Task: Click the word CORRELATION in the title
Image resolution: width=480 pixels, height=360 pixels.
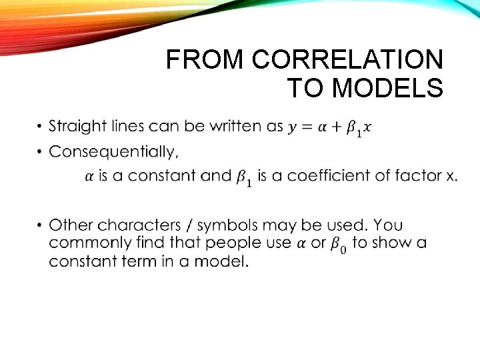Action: [347, 60]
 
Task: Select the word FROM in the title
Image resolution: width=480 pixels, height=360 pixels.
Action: [206, 60]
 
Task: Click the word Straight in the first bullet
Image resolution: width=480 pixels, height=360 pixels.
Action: [78, 126]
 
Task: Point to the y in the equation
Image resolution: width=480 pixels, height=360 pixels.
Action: [293, 127]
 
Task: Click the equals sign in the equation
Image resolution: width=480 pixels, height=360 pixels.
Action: [306, 127]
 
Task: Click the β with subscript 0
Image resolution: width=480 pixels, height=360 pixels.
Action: [338, 244]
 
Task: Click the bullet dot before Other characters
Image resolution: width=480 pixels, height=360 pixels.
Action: [39, 226]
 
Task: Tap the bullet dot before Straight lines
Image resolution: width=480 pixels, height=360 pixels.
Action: [39, 127]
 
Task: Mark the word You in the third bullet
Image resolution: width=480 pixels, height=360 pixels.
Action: [389, 225]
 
